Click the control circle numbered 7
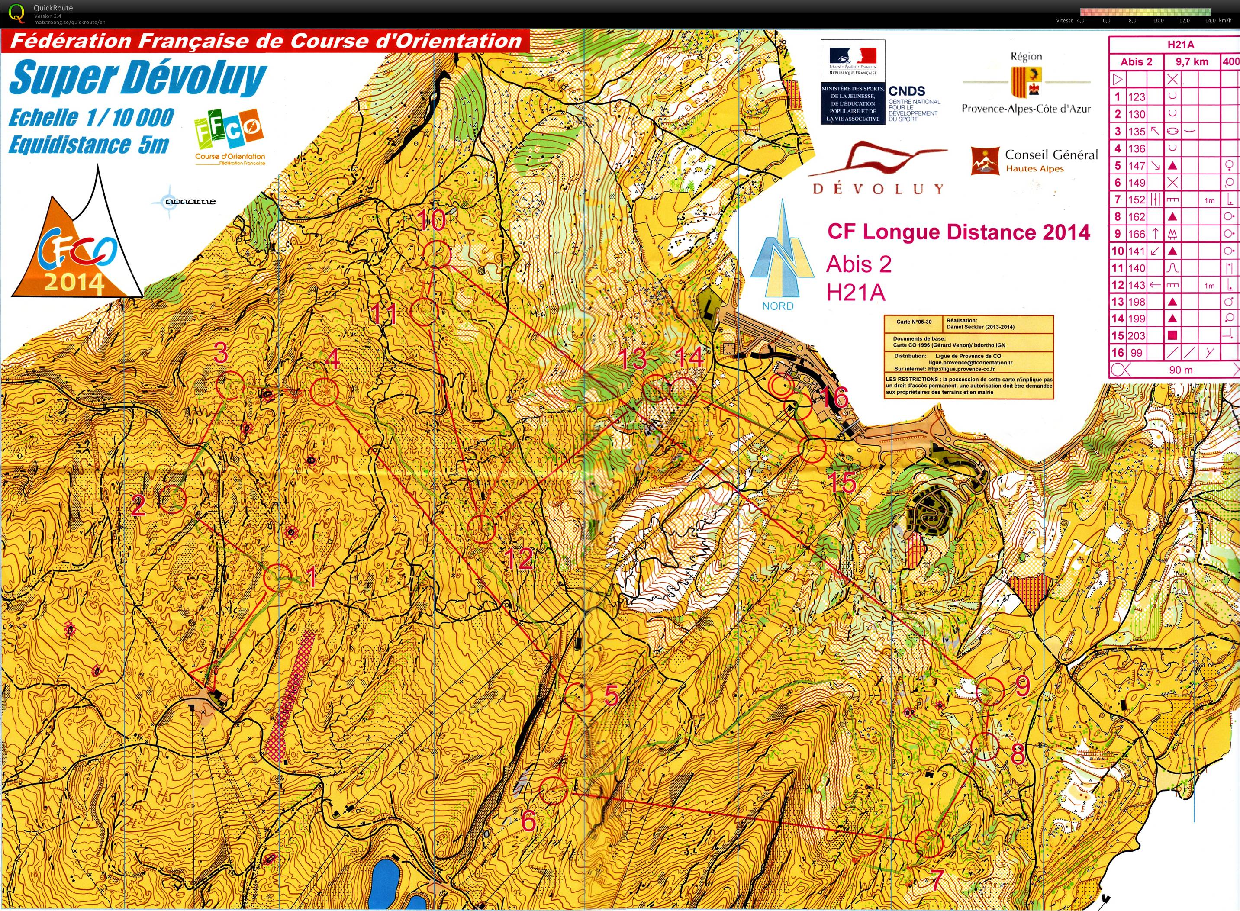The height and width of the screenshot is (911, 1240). tap(929, 843)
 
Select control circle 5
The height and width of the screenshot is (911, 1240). tap(578, 698)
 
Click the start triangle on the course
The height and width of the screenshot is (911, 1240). tap(204, 674)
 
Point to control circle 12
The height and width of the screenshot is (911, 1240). tap(482, 529)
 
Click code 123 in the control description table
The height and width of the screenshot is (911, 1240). tap(1137, 97)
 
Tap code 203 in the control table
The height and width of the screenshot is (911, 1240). tap(1137, 336)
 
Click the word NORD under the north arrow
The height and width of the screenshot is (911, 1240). tap(778, 306)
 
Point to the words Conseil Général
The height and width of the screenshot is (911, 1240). tap(1051, 155)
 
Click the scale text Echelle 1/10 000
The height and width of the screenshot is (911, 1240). tap(91, 117)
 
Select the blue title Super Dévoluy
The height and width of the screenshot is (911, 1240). tap(138, 78)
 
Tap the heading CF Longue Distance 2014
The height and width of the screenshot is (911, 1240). tap(959, 232)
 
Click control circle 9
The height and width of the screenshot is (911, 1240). tap(990, 692)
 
